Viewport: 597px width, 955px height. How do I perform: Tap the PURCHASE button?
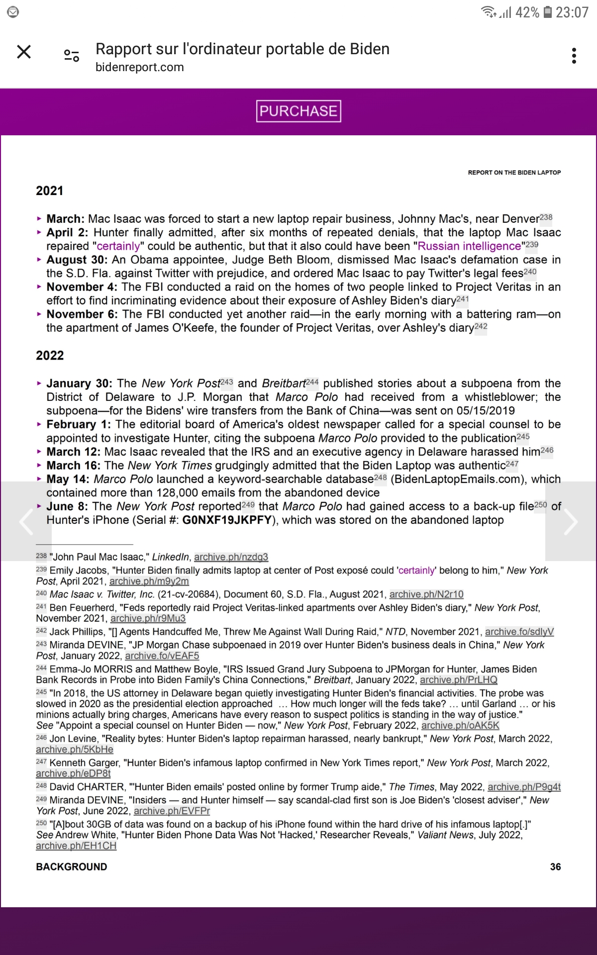point(298,111)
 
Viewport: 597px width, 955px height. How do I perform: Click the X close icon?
point(24,52)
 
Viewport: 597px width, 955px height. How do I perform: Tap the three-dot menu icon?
point(574,56)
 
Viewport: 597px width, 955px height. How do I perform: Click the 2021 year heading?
point(50,191)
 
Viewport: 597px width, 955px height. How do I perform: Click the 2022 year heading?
point(50,356)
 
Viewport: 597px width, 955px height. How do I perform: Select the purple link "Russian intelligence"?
point(469,246)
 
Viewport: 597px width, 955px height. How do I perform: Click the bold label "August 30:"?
point(77,260)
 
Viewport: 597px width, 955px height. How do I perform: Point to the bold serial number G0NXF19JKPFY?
point(227,520)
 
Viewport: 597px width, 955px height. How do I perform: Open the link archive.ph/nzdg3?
point(231,557)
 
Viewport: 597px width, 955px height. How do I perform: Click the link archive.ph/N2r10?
point(426,594)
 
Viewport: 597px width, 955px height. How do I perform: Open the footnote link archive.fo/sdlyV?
point(519,632)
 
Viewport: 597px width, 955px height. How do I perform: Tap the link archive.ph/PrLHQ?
point(459,680)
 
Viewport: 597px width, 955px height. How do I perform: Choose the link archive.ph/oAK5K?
point(460,726)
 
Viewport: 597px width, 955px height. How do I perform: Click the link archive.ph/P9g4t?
point(524,787)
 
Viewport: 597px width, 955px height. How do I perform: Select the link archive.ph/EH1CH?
point(76,846)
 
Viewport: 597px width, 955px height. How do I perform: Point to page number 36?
point(555,867)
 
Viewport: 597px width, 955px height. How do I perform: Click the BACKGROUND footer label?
point(72,867)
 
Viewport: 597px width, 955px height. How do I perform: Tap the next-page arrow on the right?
point(571,521)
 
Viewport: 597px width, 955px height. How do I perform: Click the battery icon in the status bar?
point(547,12)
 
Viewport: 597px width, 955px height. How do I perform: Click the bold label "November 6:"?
point(82,314)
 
